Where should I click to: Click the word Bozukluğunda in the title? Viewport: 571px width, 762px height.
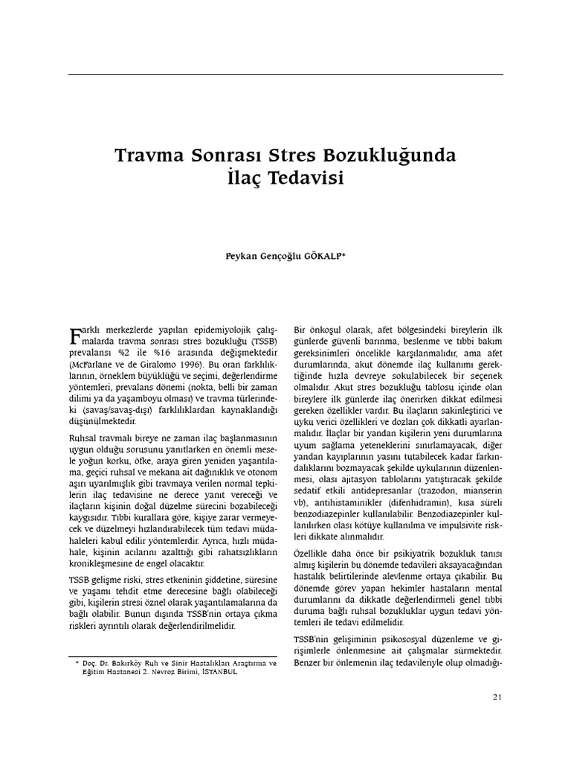[x=390, y=156]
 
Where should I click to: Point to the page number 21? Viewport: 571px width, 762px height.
[x=497, y=697]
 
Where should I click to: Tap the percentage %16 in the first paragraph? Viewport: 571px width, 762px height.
[x=152, y=353]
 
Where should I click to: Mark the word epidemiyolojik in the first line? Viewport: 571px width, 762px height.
[x=223, y=329]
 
